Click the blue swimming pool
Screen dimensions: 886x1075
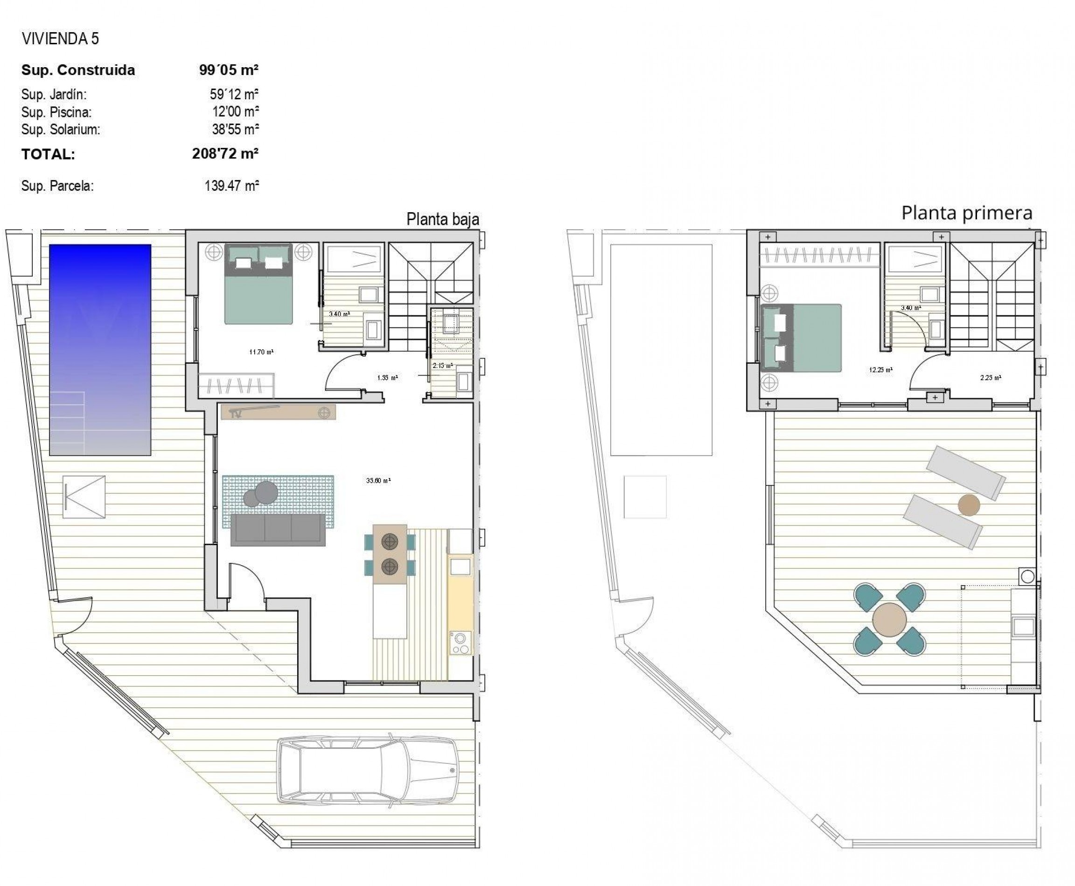(x=100, y=349)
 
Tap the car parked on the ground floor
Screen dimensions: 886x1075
(x=367, y=777)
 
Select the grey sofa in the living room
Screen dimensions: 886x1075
(x=278, y=529)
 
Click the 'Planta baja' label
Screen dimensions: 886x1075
(x=442, y=220)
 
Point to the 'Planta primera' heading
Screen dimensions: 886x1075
(x=966, y=213)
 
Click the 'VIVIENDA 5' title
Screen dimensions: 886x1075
(x=60, y=39)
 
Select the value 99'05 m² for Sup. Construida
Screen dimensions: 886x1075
(x=228, y=70)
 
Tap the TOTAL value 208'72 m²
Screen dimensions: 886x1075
(x=225, y=153)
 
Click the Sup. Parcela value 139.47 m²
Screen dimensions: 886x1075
(x=231, y=186)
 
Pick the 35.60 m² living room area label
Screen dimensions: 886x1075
(x=378, y=480)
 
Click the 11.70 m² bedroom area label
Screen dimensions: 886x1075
(x=261, y=352)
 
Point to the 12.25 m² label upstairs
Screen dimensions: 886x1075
(x=880, y=370)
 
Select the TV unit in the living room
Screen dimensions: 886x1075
(x=278, y=412)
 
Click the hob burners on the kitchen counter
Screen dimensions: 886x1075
(x=461, y=643)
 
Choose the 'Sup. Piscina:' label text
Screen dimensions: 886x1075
(x=56, y=112)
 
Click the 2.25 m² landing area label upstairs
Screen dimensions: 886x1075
(x=990, y=378)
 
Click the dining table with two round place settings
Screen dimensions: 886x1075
(x=390, y=554)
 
